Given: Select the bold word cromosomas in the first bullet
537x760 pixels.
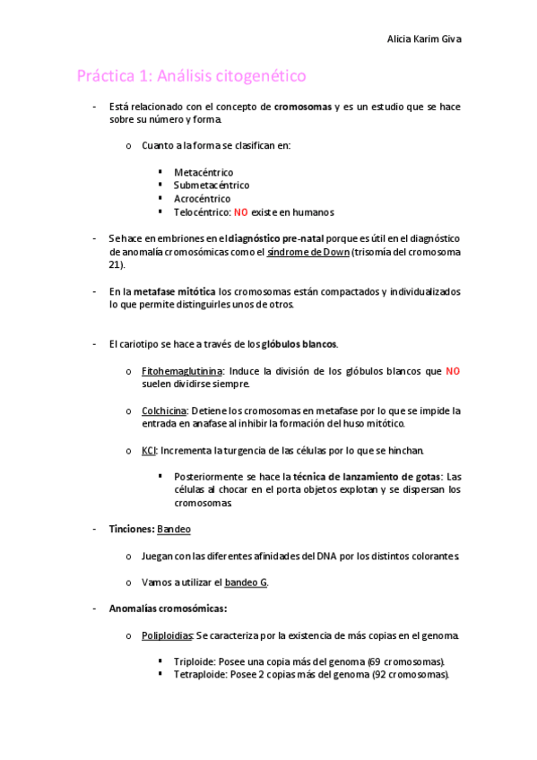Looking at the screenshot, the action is point(303,107).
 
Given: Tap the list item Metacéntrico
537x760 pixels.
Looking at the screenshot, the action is point(204,171).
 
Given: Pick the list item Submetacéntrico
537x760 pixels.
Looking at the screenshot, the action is point(212,185).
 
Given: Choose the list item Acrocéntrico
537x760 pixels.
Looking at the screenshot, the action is point(202,198).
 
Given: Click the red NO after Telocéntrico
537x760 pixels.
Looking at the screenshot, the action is point(240,212).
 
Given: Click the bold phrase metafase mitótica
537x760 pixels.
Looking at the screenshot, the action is point(174,291).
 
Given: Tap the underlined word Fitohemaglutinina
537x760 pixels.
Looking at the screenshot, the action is point(182,370).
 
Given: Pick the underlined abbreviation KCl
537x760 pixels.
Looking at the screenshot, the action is point(149,450).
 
